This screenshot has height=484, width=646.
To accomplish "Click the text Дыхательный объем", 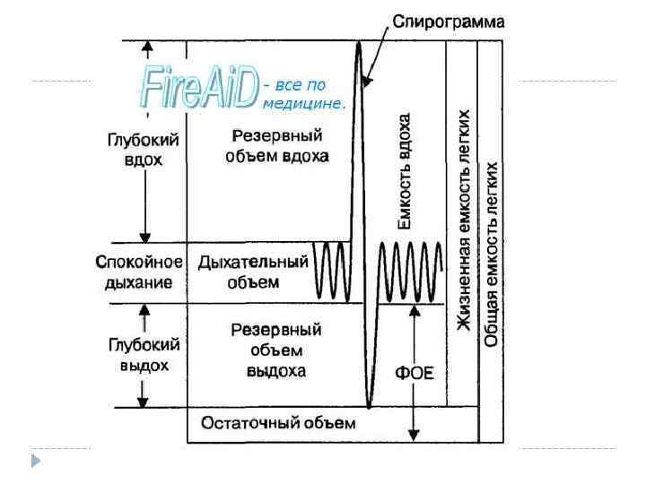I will coord(253,272).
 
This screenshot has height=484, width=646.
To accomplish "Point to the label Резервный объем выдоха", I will coord(275,350).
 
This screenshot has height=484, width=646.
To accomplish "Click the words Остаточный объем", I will coord(279,423).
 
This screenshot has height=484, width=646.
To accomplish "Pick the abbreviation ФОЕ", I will coord(415,372).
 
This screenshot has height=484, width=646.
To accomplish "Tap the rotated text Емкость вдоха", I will coord(405,172).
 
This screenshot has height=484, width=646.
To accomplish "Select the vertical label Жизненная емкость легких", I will coord(463,220).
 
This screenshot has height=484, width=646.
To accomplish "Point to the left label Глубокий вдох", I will coord(144,150).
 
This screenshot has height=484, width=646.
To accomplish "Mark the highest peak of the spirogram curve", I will coord(358,44).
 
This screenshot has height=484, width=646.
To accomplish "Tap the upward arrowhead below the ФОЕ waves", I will coord(414,312).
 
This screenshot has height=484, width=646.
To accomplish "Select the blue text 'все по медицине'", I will coord(303,95).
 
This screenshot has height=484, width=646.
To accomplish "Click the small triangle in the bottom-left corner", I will coord(35,462).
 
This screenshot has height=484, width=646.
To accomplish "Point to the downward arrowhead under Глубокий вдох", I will coord(144,235).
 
